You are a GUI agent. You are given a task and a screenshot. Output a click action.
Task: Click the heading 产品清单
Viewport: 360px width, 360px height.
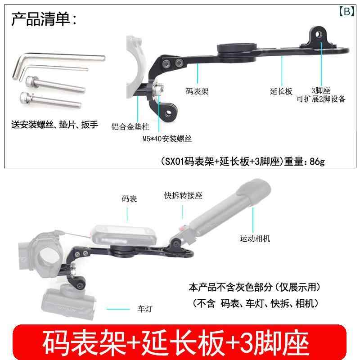pos(41,19)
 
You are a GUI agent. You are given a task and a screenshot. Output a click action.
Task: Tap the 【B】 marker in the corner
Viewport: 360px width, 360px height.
pos(346,11)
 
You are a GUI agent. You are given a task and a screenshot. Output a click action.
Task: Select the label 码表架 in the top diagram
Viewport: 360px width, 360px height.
pos(197,91)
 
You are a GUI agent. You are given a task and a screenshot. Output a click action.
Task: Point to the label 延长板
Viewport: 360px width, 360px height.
pos(281,91)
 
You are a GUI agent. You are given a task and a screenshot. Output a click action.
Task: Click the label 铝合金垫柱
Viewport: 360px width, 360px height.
pos(130,126)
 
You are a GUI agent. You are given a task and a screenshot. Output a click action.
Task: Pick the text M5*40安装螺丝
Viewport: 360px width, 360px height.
pos(167,139)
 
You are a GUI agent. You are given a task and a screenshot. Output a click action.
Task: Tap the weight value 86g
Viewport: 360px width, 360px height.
pos(317,162)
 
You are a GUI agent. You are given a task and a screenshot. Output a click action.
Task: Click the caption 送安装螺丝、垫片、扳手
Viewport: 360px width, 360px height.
pos(54,125)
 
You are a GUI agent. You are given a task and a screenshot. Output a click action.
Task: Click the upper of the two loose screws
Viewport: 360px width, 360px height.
pos(55,85)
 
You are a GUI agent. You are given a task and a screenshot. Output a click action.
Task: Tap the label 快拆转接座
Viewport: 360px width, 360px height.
pos(183,195)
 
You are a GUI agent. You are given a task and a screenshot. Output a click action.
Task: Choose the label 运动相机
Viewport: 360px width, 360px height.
pos(255,238)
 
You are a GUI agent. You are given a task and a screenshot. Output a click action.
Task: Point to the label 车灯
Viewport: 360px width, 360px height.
pos(145,309)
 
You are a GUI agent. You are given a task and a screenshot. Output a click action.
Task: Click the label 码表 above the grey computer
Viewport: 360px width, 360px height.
pos(129,198)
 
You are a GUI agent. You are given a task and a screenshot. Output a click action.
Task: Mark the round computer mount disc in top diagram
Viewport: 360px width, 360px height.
pos(237,51)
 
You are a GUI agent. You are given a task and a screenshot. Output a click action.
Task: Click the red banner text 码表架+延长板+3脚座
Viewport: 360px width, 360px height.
pos(175,342)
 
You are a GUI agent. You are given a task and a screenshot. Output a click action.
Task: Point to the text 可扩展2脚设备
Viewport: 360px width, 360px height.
pos(321,99)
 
